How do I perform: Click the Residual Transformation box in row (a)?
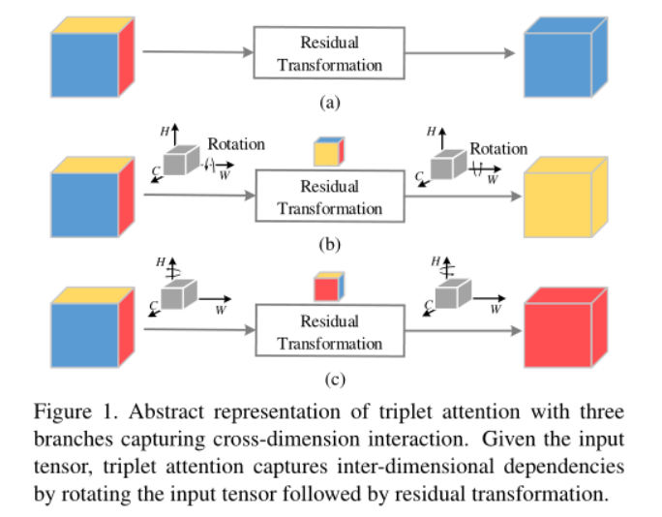pyautogui.click(x=329, y=54)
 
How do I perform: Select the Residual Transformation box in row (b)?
pyautogui.click(x=329, y=198)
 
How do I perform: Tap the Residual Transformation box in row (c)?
pyautogui.click(x=329, y=332)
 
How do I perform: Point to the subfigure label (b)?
pyautogui.click(x=330, y=244)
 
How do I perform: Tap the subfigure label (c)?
pyautogui.click(x=330, y=379)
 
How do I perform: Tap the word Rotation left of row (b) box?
pyautogui.click(x=236, y=144)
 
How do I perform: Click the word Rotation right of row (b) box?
pyautogui.click(x=498, y=149)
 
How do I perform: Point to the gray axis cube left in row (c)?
pyautogui.click(x=179, y=292)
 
